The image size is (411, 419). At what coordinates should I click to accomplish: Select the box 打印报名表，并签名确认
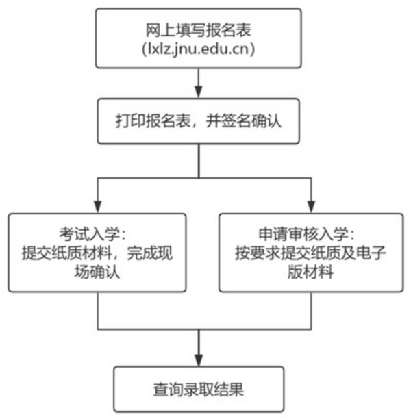(199, 120)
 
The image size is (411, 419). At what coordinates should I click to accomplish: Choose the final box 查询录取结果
(199, 390)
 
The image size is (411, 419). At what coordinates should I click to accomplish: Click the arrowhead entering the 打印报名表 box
(199, 92)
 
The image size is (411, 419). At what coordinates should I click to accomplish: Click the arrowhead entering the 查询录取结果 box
(199, 360)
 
